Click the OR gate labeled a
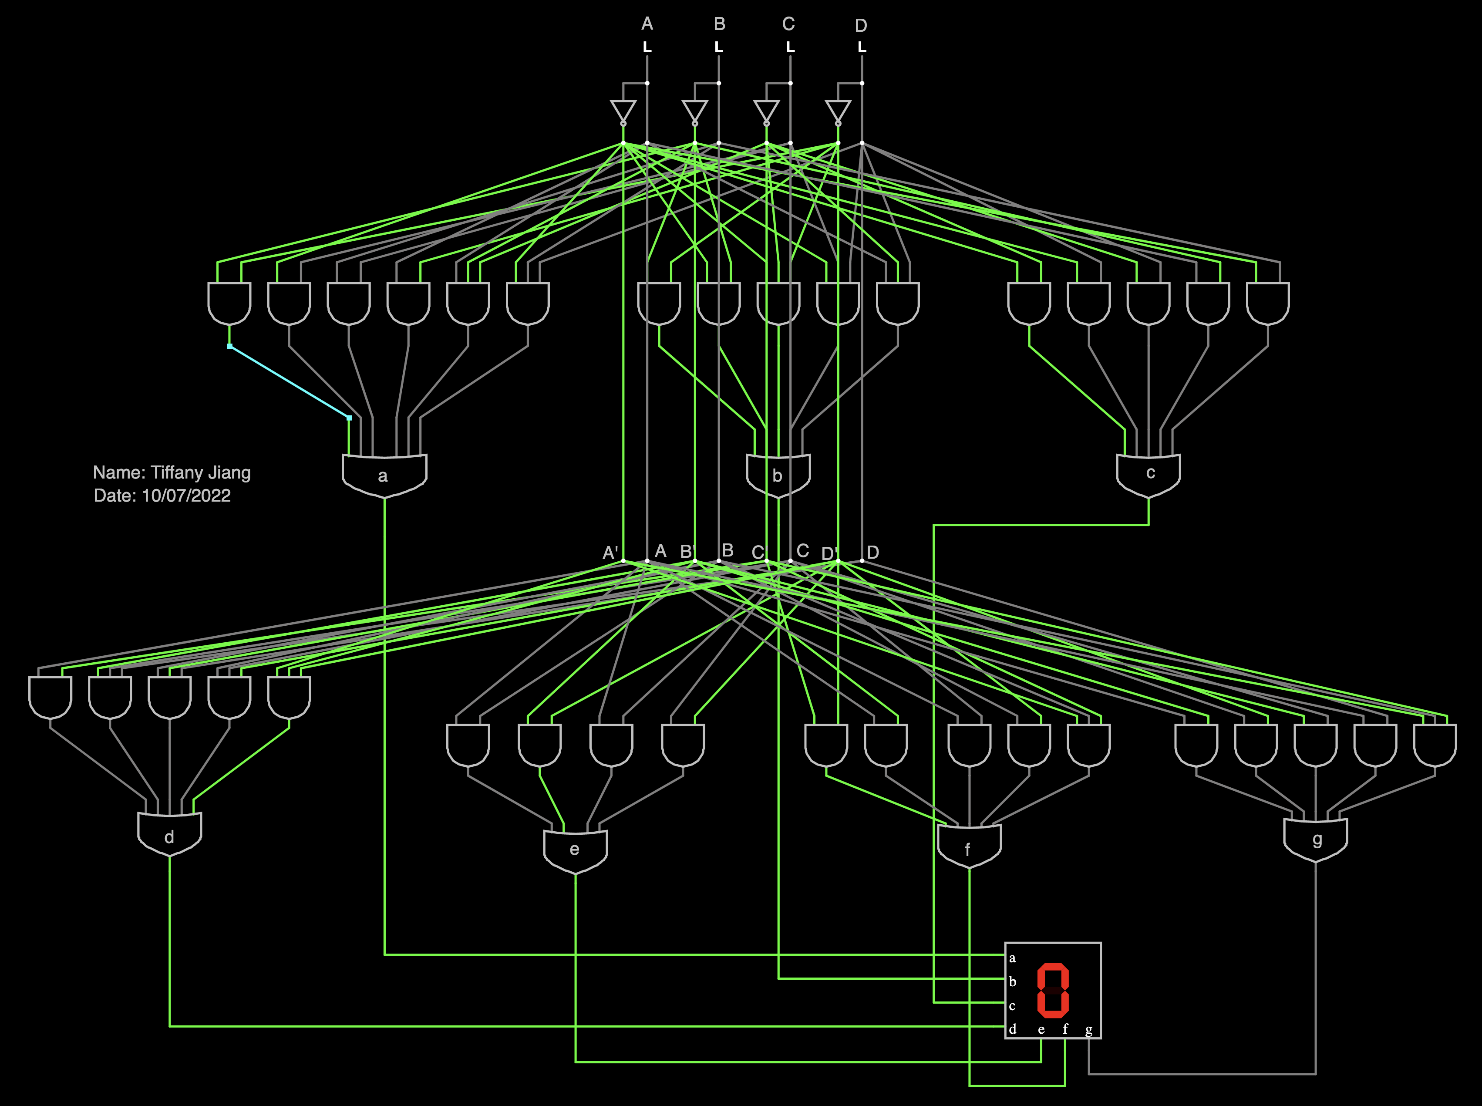pos(384,475)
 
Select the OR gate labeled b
pos(778,475)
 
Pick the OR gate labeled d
pos(169,834)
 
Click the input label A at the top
pos(647,24)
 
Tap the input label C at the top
pos(788,24)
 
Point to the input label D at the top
pos(861,25)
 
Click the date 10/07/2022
pos(186,496)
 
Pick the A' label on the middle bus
pos(610,553)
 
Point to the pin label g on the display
pos(1089,1030)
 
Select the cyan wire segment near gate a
pos(289,381)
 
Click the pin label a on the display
pos(1012,958)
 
